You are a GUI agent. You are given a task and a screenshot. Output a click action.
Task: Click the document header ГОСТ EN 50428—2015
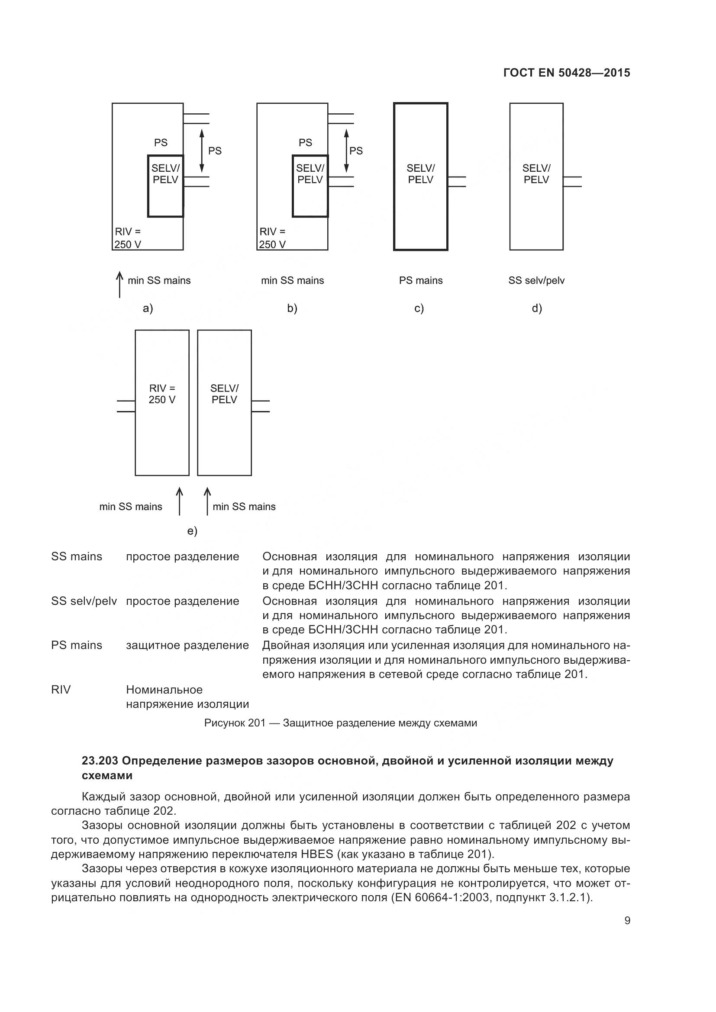pyautogui.click(x=566, y=73)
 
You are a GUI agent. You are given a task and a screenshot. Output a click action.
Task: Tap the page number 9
pyautogui.click(x=627, y=920)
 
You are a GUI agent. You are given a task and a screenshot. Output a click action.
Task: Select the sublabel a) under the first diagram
pyautogui.click(x=148, y=308)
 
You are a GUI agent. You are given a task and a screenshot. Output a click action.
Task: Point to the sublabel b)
pyautogui.click(x=292, y=308)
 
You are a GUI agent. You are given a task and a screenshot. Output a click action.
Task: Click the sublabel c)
pyautogui.click(x=419, y=308)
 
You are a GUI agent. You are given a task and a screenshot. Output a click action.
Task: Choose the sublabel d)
pyautogui.click(x=536, y=308)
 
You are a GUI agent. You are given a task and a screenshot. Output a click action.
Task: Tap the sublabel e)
pyautogui.click(x=192, y=531)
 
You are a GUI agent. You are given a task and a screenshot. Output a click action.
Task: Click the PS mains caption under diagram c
pyautogui.click(x=421, y=281)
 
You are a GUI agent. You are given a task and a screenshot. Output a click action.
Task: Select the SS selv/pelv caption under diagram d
pyautogui.click(x=536, y=281)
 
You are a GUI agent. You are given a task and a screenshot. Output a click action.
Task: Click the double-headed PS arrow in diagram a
pyautogui.click(x=201, y=150)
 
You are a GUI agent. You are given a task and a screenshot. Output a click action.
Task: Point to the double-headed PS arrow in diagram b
pyautogui.click(x=347, y=150)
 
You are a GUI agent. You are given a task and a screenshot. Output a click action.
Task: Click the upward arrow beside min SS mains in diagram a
pyautogui.click(x=119, y=285)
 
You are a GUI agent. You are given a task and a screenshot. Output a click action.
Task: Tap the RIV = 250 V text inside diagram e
pyautogui.click(x=162, y=394)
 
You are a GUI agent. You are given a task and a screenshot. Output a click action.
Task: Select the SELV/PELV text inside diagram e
pyautogui.click(x=224, y=394)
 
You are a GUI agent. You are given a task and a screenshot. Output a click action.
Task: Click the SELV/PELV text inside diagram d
pyautogui.click(x=536, y=174)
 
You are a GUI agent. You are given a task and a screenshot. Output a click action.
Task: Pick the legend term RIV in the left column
pyautogui.click(x=61, y=690)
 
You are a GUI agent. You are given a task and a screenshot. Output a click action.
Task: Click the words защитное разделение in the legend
pyautogui.click(x=187, y=646)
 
